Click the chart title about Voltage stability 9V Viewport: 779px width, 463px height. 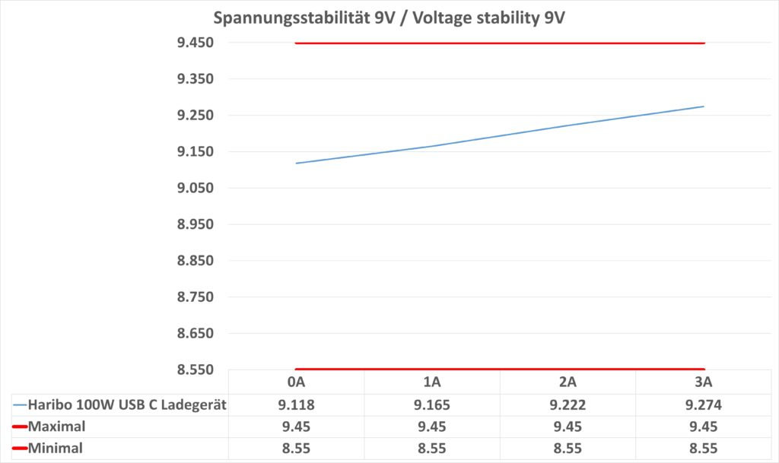[389, 17]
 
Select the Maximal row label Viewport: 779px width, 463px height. [56, 427]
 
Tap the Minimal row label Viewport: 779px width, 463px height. [56, 449]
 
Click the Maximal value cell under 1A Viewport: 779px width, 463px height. [432, 427]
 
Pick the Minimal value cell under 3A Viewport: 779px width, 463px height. [704, 449]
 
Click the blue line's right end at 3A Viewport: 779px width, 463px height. [704, 106]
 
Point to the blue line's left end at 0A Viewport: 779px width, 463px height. [297, 163]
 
